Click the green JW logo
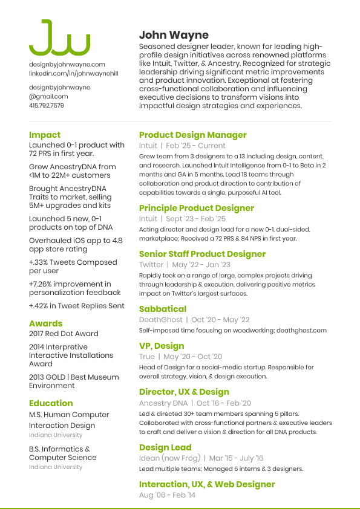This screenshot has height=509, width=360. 59,38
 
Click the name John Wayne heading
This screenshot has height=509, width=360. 174,35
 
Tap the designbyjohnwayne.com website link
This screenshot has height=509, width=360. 67,64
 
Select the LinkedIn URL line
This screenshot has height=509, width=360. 74,73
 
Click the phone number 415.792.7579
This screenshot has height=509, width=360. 47,105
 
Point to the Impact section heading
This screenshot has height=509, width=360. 45,135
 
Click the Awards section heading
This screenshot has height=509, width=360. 46,323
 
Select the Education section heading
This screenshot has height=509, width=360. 51,403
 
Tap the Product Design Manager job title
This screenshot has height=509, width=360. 193,135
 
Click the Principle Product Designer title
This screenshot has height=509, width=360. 197,208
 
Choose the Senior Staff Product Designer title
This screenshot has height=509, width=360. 202,254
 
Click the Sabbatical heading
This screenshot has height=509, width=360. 163,309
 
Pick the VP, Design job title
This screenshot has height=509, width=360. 162,346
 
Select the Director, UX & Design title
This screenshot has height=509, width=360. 185,392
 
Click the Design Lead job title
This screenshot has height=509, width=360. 165,447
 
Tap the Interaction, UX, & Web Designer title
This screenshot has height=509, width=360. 207,484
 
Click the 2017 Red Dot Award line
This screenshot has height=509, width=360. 64,334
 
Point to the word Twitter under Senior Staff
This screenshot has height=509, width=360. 151,265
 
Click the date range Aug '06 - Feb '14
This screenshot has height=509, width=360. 168,495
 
